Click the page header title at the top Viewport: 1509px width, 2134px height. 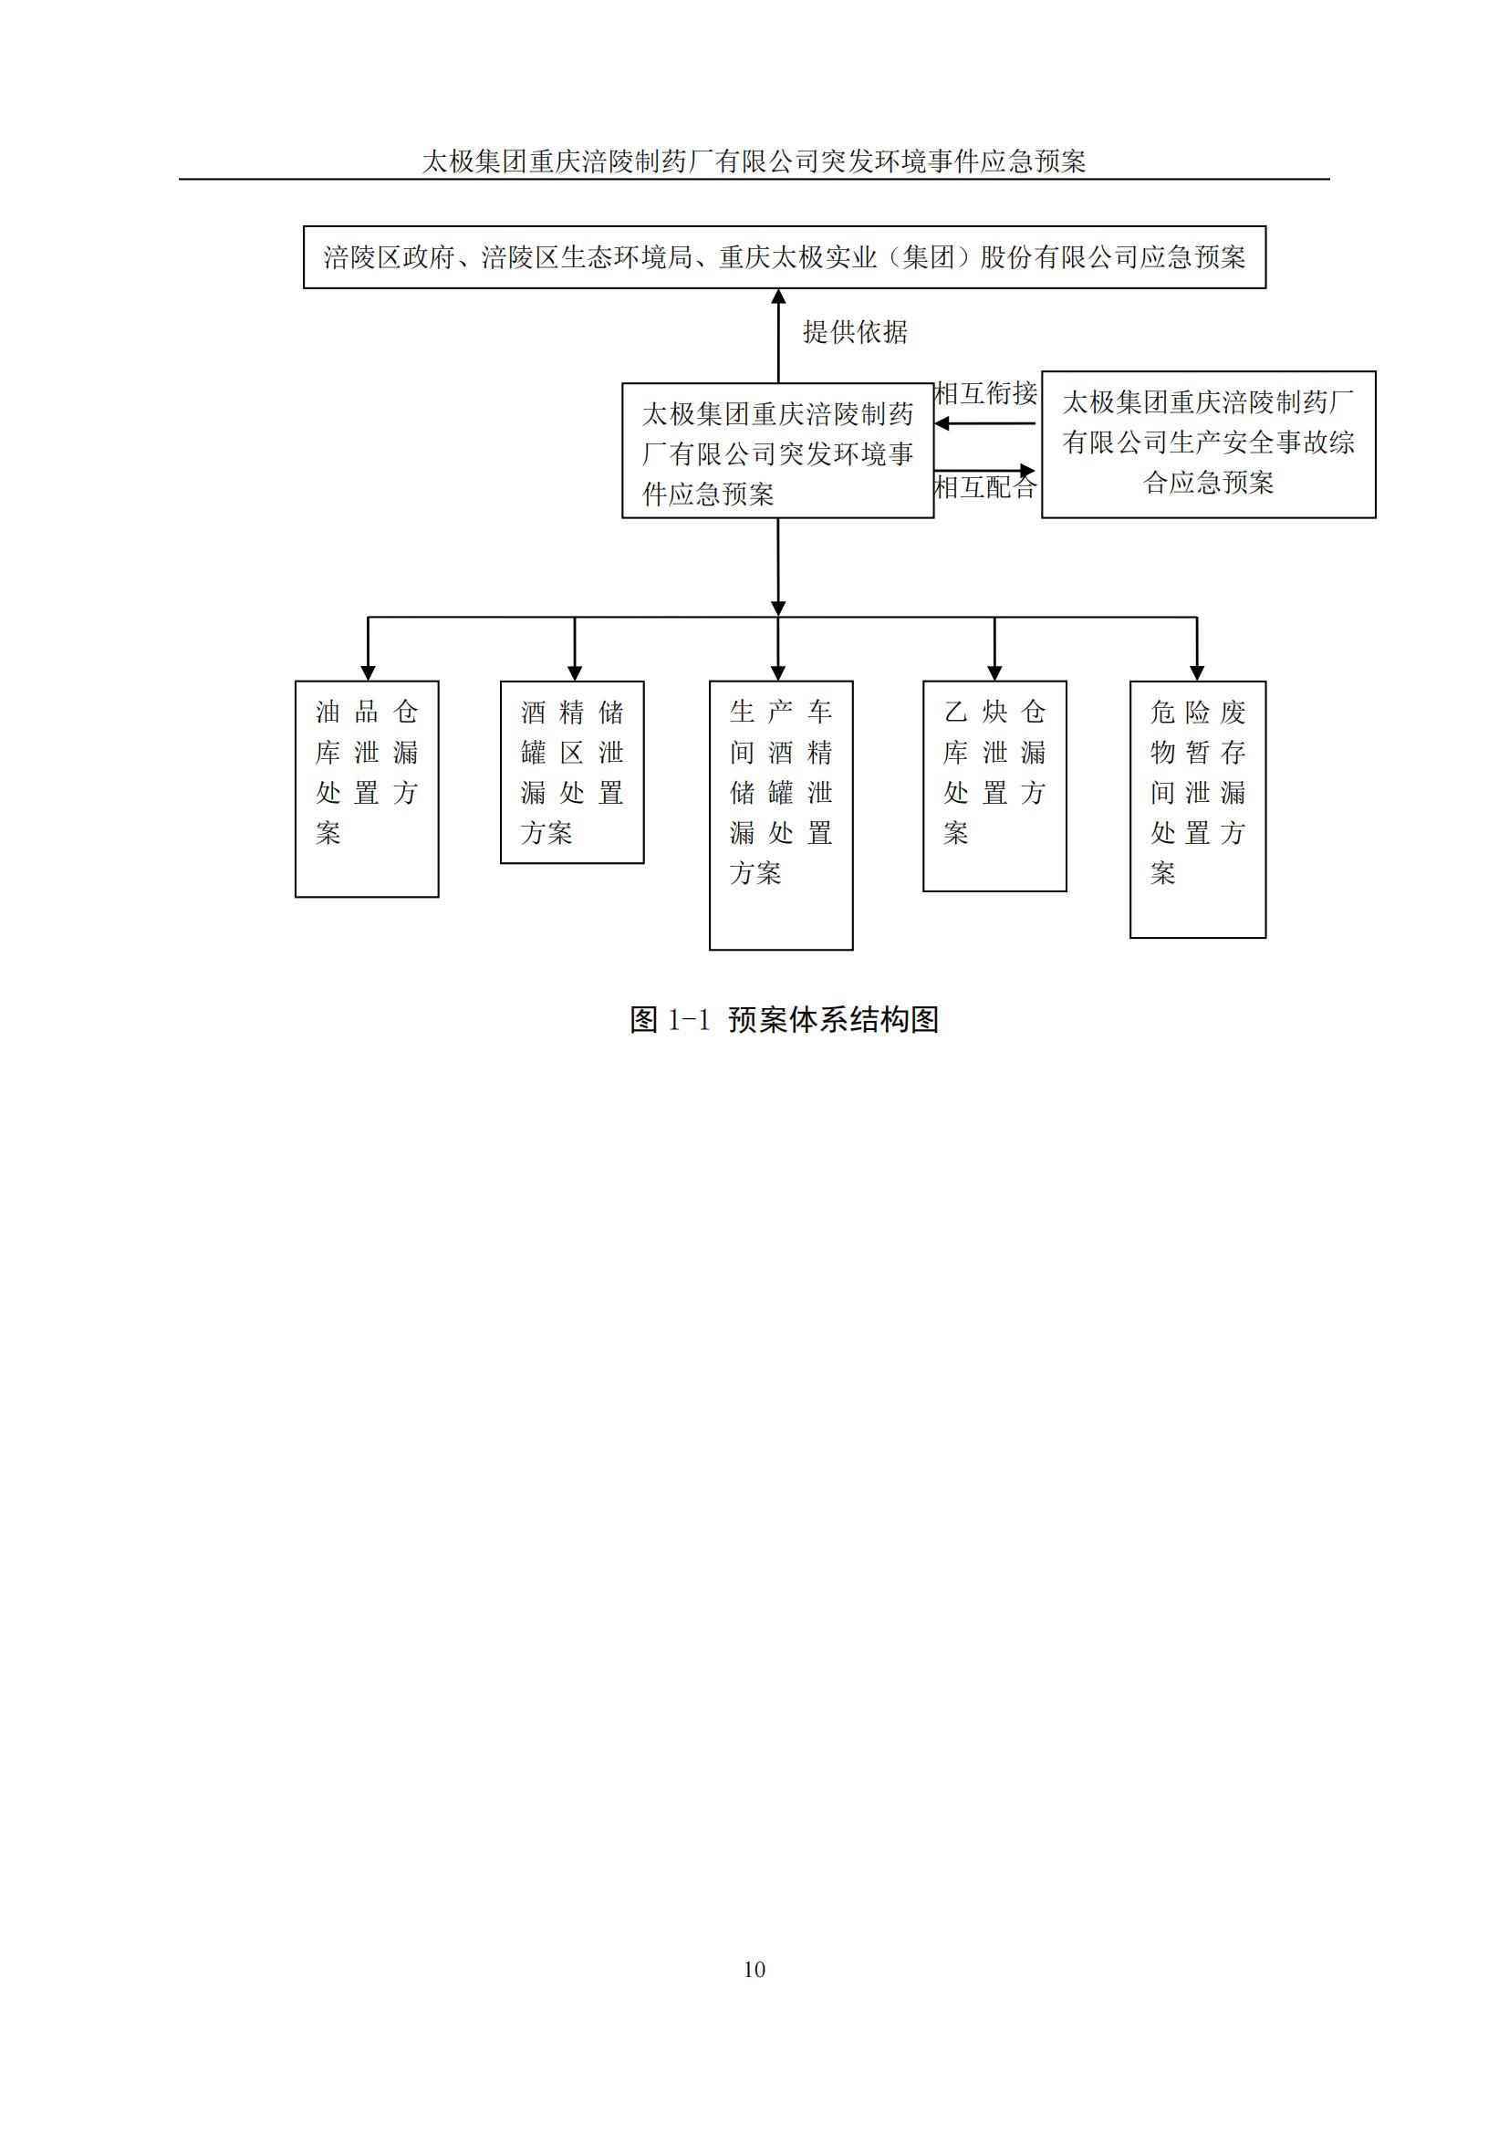754,161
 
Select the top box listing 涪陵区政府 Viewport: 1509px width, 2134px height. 785,257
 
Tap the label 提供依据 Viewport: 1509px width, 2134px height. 855,332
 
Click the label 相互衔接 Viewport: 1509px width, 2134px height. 985,393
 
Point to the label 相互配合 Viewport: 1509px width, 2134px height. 985,487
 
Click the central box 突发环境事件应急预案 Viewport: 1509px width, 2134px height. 777,451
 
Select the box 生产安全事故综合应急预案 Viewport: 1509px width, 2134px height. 1208,444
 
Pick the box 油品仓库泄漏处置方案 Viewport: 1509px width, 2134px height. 367,789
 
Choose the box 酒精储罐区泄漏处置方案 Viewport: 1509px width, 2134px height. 572,773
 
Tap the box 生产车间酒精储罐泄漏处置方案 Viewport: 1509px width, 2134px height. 782,815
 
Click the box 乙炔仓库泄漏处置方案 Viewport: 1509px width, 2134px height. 994,786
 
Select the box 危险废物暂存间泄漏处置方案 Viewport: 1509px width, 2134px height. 1198,809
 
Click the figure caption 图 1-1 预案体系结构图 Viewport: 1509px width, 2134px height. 785,1020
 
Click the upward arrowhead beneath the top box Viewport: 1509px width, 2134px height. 778,297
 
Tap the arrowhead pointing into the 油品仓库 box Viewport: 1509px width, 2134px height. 368,673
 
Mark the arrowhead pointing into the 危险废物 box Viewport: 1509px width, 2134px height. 1197,673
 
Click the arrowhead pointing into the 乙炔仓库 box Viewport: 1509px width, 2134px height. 994,673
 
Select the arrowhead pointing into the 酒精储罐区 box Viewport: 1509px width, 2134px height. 574,673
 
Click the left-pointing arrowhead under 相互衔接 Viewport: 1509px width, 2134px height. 942,424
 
